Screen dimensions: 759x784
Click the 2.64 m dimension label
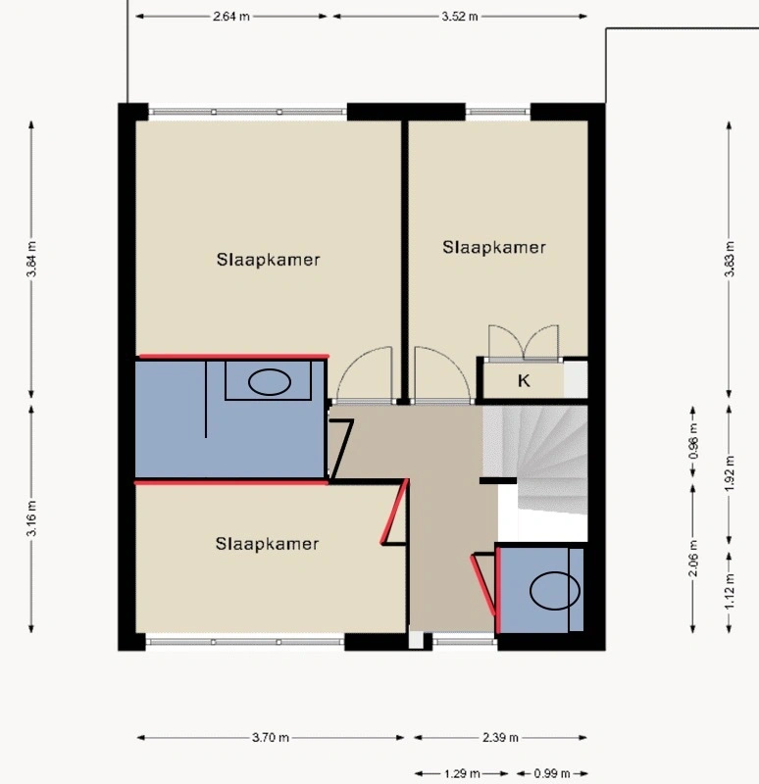pos(231,17)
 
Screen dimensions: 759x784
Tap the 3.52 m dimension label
pos(459,17)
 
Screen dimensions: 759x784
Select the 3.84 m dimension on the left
pos(31,259)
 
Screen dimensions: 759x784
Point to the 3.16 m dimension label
pos(31,518)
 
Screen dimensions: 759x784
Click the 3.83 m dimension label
pos(729,259)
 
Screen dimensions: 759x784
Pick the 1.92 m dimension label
pos(729,473)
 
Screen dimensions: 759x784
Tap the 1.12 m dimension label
pos(729,592)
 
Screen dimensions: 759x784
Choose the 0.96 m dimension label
pos(693,441)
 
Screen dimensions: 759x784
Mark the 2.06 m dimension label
pos(693,558)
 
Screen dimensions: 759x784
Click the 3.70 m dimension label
pos(271,738)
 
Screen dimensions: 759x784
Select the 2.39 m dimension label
pos(500,738)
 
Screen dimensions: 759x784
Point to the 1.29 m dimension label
pos(462,774)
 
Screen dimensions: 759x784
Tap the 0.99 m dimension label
pos(552,774)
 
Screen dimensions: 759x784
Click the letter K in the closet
pos(524,381)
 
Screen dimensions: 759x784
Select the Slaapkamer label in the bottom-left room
pos(267,544)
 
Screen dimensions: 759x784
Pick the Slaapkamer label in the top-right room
pos(494,247)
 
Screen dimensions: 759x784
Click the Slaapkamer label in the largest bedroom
pos(268,260)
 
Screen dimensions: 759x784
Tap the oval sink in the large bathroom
pos(270,382)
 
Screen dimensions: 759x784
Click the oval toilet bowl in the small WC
pos(555,591)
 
